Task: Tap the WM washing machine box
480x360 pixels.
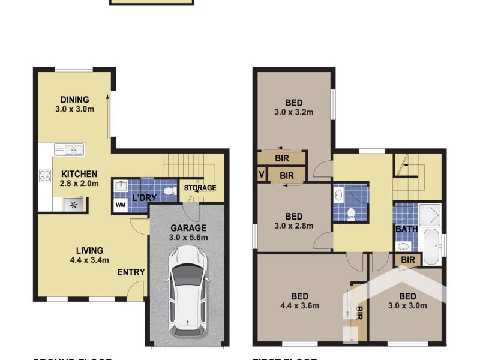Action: (121, 205)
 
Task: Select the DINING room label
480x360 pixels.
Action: (75, 100)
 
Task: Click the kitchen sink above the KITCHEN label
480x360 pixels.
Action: (70, 150)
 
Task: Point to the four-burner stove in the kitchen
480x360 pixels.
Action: (45, 176)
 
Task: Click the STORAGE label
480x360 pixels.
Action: (200, 188)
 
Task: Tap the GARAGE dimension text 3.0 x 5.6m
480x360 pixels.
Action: (188, 237)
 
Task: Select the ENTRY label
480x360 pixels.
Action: (131, 272)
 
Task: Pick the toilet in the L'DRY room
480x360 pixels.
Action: (169, 191)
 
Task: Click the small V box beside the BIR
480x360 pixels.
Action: (260, 174)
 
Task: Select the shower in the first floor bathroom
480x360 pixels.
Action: (430, 214)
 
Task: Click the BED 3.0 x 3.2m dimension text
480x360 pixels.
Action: (294, 112)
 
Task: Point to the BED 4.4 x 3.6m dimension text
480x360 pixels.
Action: (299, 306)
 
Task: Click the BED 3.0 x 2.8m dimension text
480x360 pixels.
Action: (294, 226)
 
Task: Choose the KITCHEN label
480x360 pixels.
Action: (79, 174)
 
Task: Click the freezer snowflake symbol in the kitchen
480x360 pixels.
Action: (73, 205)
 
